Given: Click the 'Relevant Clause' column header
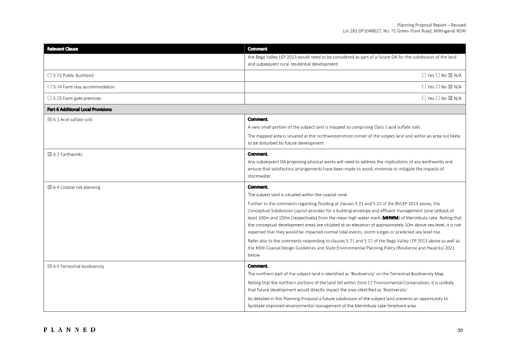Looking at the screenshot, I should (63, 49).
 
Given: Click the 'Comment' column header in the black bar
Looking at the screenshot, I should (257, 49).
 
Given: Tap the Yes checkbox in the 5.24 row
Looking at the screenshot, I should (424, 87).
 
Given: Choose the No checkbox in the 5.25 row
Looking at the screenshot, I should (438, 98).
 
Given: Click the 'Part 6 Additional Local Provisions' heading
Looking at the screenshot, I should (79, 109).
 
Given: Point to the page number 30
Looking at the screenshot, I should (460, 330).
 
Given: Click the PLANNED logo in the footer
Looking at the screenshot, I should (70, 330).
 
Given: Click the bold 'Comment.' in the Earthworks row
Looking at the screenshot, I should (258, 154).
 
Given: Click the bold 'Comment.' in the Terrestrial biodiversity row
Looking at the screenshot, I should (258, 266).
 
